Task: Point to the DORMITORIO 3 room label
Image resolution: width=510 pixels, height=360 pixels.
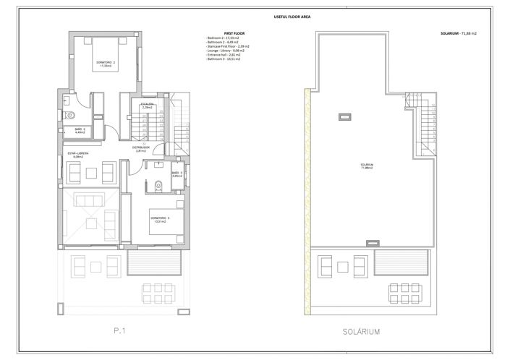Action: pos(159,219)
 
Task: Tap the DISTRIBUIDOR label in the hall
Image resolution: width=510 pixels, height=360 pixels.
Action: pos(142,149)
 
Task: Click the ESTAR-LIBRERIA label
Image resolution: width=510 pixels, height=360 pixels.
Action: pos(78,155)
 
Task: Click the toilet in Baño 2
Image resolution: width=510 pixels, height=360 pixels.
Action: pos(70,116)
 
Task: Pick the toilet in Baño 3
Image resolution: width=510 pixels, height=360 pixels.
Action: pos(158,184)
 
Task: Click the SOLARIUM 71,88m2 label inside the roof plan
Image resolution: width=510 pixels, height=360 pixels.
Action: pos(367,166)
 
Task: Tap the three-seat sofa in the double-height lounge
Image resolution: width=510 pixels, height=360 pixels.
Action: pos(89,201)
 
